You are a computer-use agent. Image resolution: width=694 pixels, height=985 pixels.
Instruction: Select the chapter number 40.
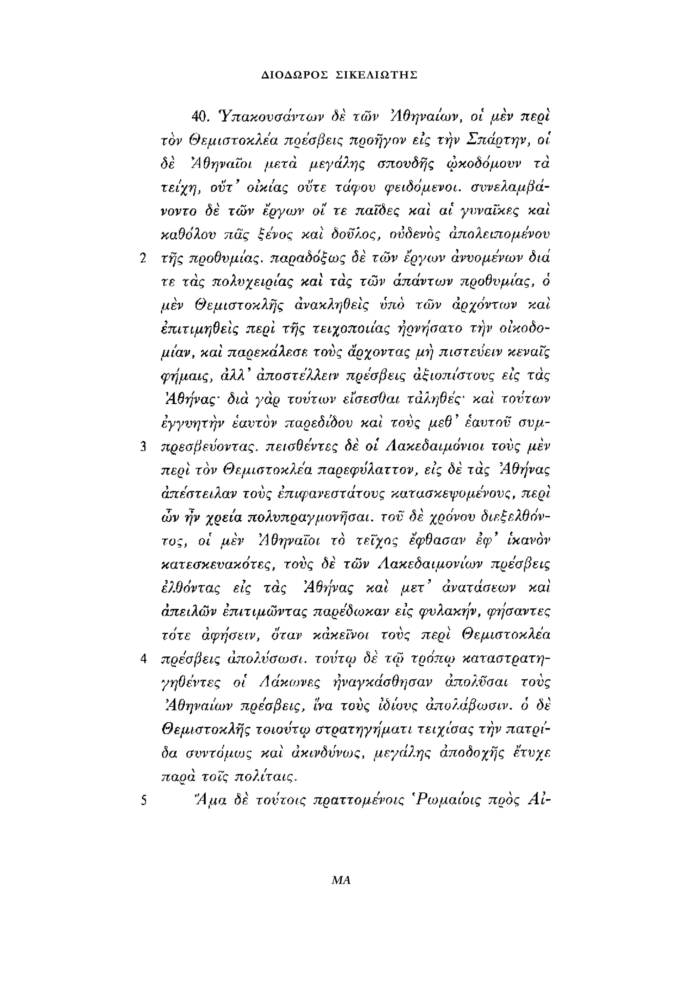200,117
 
